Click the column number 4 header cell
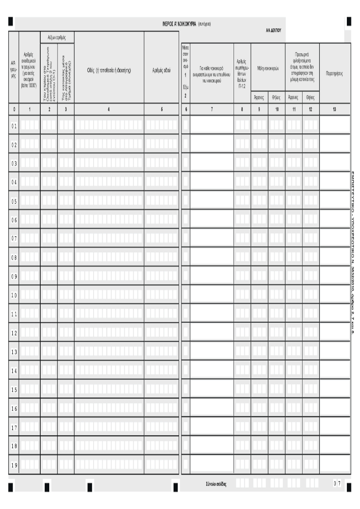[x=109, y=110]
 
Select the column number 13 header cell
[x=335, y=110]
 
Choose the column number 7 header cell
[x=212, y=110]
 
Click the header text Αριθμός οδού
[x=161, y=70]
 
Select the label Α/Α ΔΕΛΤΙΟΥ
[x=273, y=30]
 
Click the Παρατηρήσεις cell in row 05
[x=335, y=200]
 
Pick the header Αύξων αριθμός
[x=57, y=37]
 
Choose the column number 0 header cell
[x=14, y=110]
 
